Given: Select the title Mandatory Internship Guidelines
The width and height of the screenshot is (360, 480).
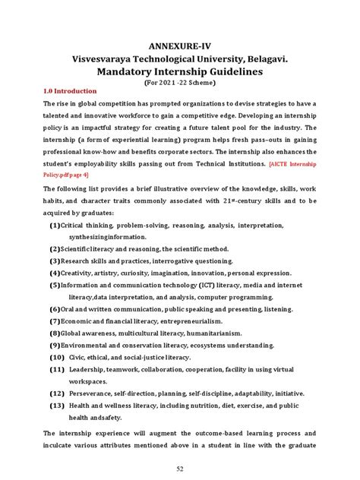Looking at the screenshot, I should (x=180, y=71).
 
